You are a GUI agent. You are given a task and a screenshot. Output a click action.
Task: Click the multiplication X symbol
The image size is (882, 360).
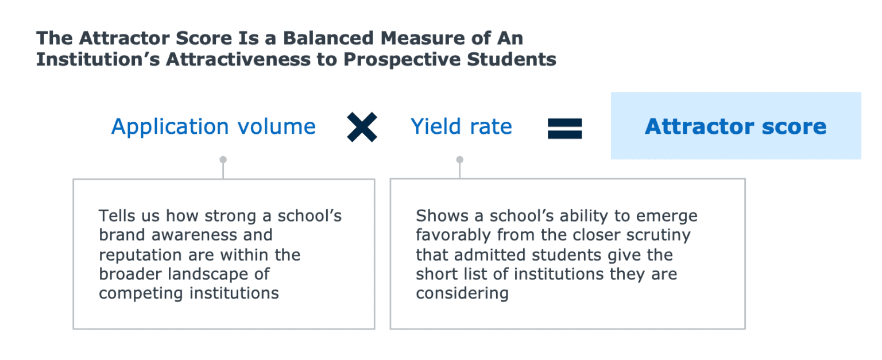pos(362,127)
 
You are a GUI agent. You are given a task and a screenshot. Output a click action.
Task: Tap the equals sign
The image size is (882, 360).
pos(564,128)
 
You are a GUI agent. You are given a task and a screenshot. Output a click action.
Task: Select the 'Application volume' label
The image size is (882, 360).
pos(214,126)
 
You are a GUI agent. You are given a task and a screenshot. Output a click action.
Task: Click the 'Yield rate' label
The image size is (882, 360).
pos(461,126)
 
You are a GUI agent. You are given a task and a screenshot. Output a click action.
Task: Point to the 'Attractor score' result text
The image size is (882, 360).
pos(736,126)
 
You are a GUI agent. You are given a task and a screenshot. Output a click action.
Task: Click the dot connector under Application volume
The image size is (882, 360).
pos(223,160)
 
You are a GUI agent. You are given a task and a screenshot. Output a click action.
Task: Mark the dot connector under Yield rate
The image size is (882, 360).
pos(459,160)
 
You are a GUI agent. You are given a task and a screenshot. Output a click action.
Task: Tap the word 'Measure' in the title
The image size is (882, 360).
pos(417,38)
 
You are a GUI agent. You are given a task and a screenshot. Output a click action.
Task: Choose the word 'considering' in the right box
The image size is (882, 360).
pos(462,293)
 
